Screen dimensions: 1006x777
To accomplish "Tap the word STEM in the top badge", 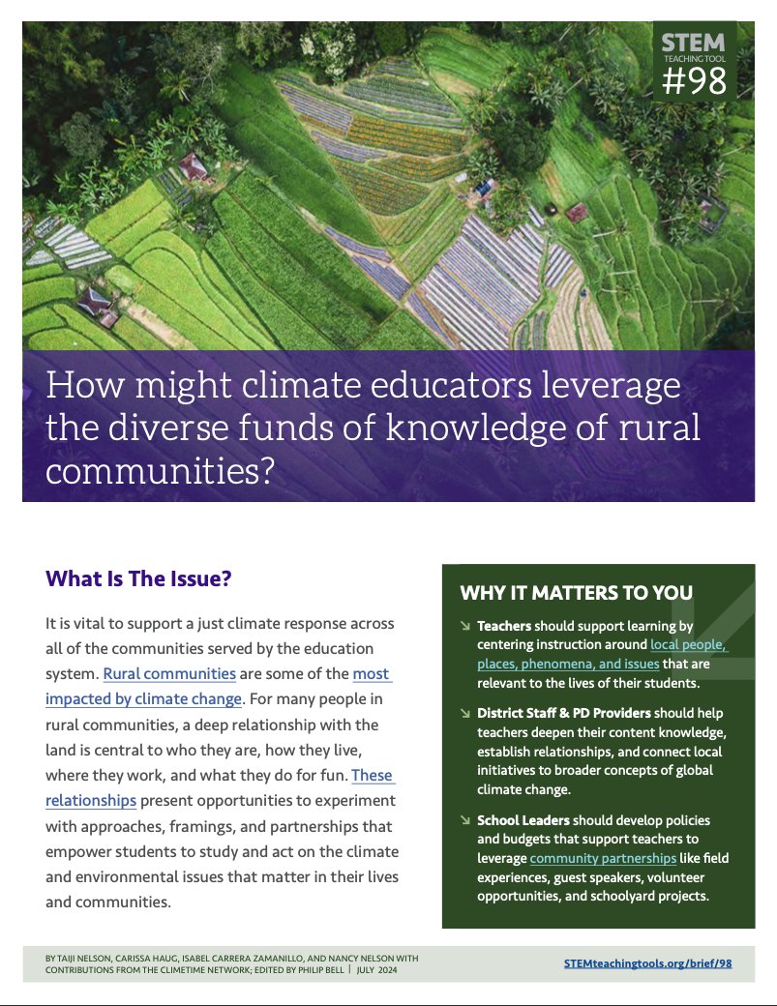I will (x=693, y=43).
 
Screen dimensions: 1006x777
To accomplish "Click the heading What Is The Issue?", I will (x=138, y=579).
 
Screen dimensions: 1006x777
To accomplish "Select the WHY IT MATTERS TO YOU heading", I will (x=576, y=593).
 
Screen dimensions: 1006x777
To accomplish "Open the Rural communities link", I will (x=169, y=673).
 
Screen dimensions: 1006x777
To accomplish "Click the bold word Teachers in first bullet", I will (x=503, y=626).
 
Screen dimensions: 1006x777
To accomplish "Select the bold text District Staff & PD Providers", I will (x=563, y=714).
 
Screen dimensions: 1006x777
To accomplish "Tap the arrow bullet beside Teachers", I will (x=465, y=627).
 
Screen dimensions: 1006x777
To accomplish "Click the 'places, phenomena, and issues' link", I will (x=568, y=664).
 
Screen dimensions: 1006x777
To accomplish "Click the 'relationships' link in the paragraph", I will (x=91, y=800).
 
